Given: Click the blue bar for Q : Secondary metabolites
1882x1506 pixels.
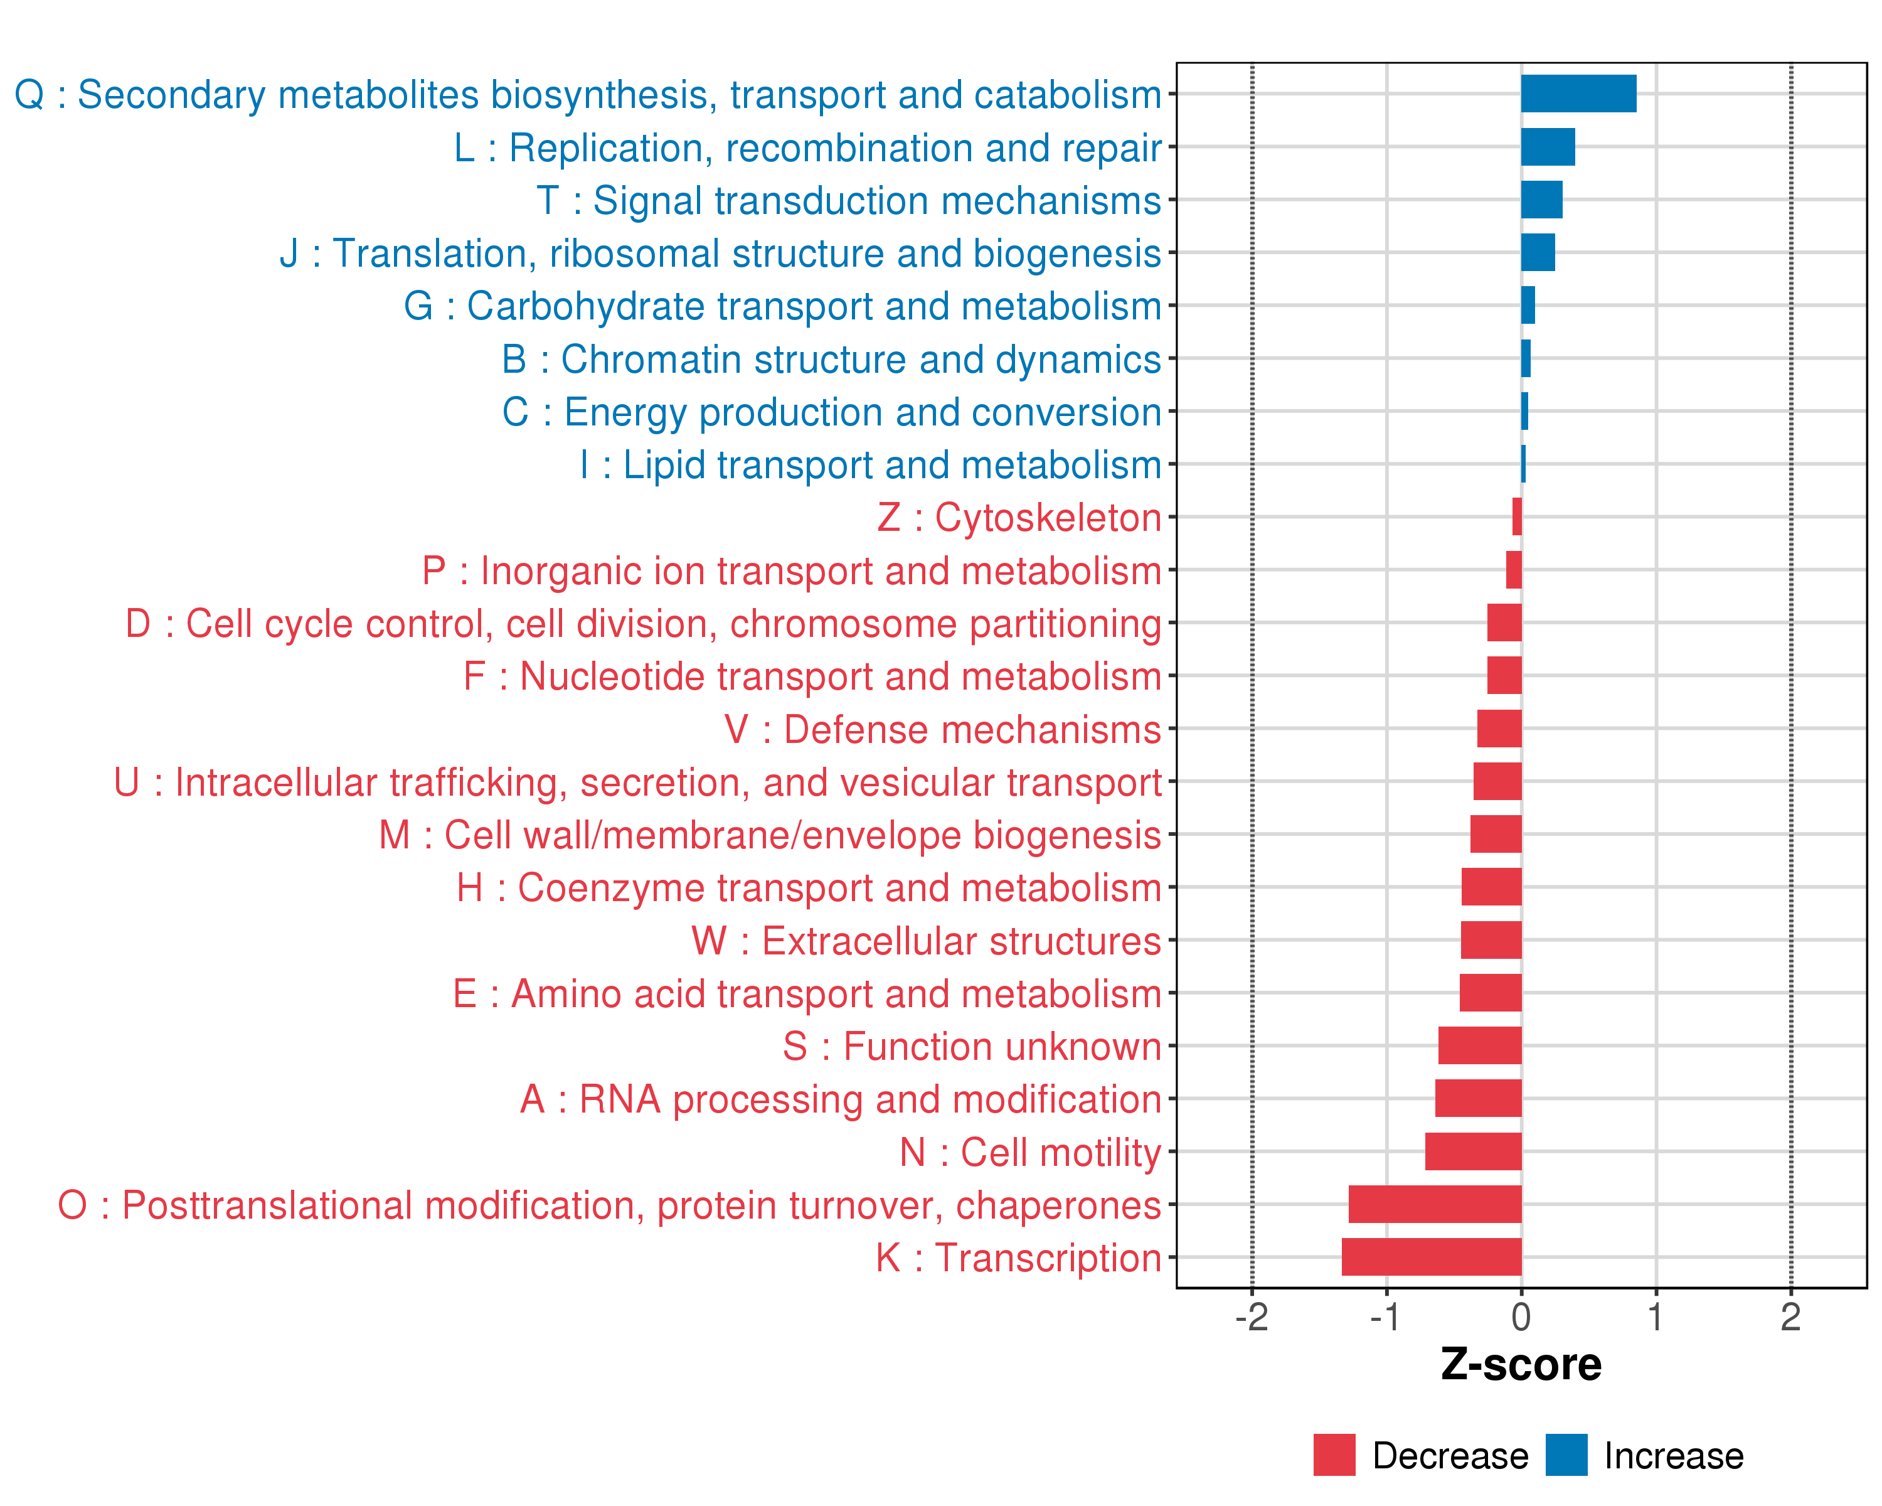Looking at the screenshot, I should (1578, 93).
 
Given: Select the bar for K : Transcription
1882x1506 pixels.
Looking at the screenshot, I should (1432, 1257).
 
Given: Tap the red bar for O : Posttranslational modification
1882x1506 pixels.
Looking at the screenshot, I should (1435, 1204).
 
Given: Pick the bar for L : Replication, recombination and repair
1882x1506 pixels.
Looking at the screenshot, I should (1548, 147).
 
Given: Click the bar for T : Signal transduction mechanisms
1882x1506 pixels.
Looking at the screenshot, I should (1541, 200).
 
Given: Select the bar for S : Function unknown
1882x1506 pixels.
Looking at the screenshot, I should (1480, 1046).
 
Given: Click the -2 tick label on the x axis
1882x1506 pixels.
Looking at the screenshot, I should (1251, 1317).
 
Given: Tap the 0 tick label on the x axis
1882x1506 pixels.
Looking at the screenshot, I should (1521, 1317).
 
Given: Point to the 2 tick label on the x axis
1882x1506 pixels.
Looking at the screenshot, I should (1790, 1317).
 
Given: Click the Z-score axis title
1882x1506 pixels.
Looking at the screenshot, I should (1521, 1365).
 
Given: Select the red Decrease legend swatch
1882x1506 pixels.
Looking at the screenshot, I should (1334, 1455).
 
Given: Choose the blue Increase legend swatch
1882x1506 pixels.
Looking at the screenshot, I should (1566, 1455).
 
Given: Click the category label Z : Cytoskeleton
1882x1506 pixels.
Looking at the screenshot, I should (1019, 518).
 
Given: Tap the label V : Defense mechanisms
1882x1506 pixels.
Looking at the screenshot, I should (943, 730).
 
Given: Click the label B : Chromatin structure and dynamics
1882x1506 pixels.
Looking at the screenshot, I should (831, 360).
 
